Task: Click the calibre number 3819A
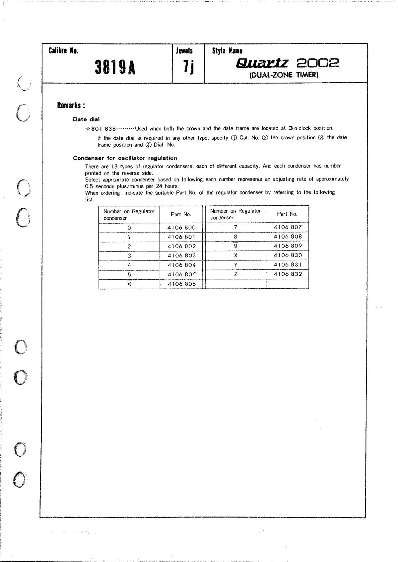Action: pos(115,67)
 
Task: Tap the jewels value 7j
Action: pos(188,67)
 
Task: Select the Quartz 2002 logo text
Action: pos(287,63)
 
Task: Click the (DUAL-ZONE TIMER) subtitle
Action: pos(284,75)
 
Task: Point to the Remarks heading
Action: pos(71,105)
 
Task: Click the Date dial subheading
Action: pos(86,119)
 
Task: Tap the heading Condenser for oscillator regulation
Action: pos(125,158)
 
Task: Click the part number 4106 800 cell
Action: pos(181,228)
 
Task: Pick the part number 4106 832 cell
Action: pos(288,274)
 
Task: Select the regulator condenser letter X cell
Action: pos(236,255)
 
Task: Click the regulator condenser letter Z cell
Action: pos(236,274)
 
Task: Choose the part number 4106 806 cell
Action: pos(181,284)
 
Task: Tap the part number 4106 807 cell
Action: pos(288,227)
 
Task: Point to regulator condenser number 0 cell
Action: pos(129,228)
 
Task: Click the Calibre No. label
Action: pos(63,51)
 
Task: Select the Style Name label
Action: pos(227,51)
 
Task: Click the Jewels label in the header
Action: pos(184,51)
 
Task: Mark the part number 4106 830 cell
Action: pos(288,255)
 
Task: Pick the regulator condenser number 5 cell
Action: pos(129,275)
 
